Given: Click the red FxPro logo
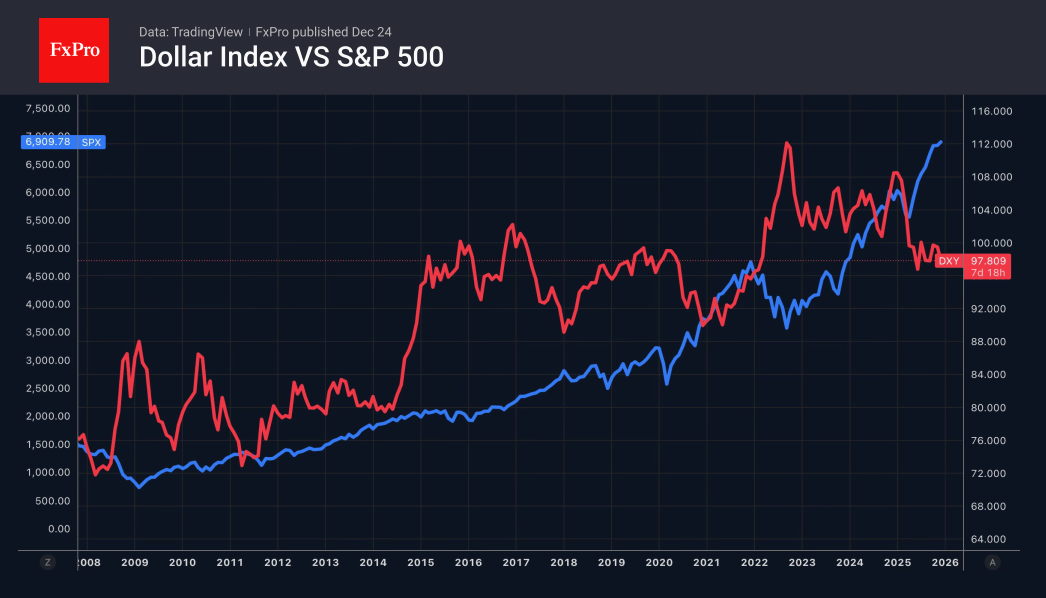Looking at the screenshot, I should [x=74, y=50].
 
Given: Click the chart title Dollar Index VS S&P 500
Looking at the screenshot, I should [x=291, y=57].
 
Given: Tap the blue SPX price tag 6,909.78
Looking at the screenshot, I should [x=48, y=142].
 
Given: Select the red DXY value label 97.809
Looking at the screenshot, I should [x=988, y=261].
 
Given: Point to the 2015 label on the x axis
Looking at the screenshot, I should [x=420, y=562].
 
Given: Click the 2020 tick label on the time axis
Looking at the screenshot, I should [x=659, y=562].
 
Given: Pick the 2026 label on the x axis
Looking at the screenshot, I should [x=945, y=562].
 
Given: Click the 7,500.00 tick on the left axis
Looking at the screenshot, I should [x=48, y=108].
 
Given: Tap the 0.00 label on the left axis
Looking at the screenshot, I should [x=59, y=529].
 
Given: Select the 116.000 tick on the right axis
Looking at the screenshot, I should [x=991, y=111].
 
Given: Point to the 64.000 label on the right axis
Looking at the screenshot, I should [x=988, y=539].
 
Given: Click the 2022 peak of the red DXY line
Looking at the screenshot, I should [x=787, y=143].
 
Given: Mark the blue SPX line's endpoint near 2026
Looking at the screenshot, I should [x=941, y=142].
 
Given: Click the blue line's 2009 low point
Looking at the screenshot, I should [x=139, y=486].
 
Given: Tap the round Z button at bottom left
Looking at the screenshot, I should [x=47, y=562].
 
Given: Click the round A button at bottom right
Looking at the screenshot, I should [x=992, y=562].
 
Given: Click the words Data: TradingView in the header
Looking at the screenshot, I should [x=190, y=32].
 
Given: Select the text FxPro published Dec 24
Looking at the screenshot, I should [x=323, y=32].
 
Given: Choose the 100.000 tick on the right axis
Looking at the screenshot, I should [x=991, y=243].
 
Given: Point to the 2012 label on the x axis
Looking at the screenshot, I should [x=277, y=562].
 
